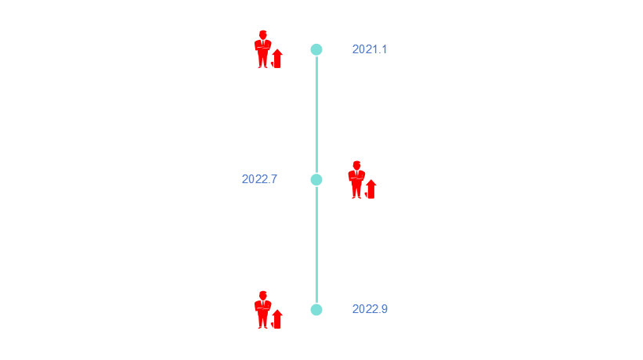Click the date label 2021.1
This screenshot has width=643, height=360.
tap(370, 49)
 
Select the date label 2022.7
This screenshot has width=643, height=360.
tap(259, 179)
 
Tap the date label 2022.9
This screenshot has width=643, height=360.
tap(370, 309)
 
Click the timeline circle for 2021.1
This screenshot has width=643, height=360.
tap(316, 49)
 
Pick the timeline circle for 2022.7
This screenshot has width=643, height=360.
tap(316, 179)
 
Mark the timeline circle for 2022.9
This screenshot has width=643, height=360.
tap(316, 309)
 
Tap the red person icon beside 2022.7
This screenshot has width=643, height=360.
tap(361, 180)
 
